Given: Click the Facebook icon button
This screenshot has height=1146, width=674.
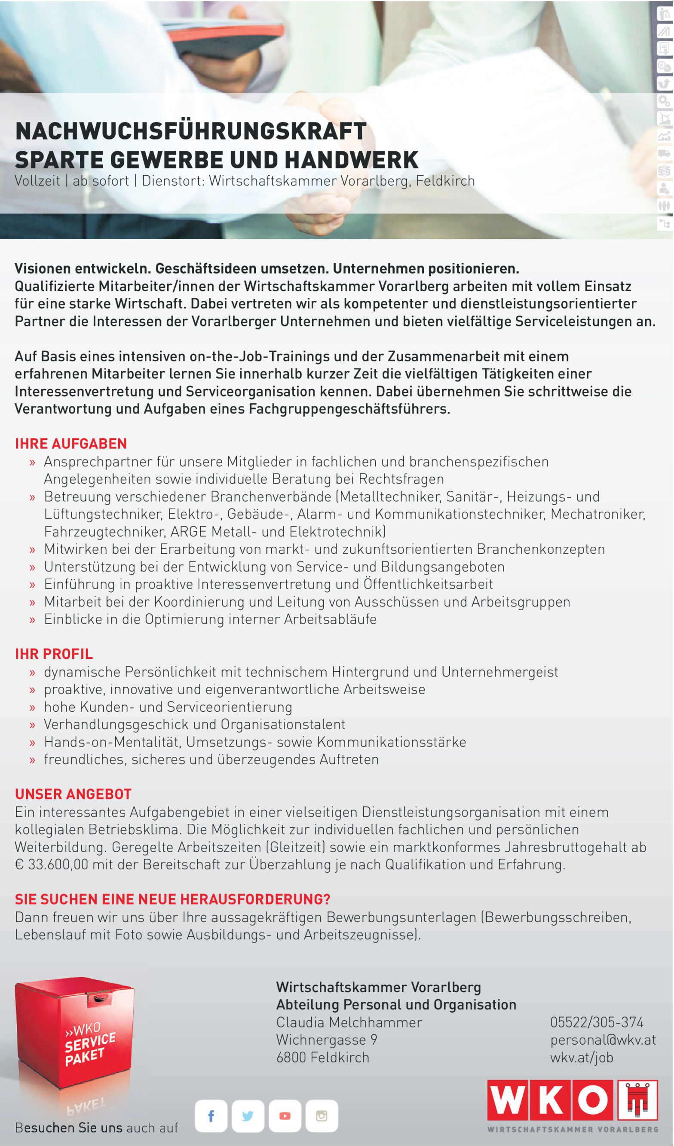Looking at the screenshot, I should point(211,1116).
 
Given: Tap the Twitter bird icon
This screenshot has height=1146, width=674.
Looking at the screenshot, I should point(248,1116).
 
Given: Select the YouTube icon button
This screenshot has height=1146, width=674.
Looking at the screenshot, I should point(285,1116).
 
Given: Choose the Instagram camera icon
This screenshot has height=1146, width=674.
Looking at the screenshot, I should point(322,1116).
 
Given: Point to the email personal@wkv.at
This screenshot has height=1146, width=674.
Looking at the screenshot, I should point(603,1039).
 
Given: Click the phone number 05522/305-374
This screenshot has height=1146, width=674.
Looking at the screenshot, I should point(597,1022).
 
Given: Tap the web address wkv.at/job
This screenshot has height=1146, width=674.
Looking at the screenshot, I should point(582,1058).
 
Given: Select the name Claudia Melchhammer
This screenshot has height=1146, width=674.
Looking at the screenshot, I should point(349,1022).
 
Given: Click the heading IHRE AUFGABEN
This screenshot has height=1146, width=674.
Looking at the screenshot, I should point(71,443).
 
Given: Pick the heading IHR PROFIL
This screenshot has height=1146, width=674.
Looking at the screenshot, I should point(54,654).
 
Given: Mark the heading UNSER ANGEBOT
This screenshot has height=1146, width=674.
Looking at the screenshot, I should point(73,794).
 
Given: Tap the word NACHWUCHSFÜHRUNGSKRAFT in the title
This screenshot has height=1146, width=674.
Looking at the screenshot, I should point(191,131).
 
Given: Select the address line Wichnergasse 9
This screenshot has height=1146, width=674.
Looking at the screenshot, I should point(326,1039).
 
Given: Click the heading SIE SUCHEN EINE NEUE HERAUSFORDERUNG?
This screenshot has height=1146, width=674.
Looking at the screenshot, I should point(172,899).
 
